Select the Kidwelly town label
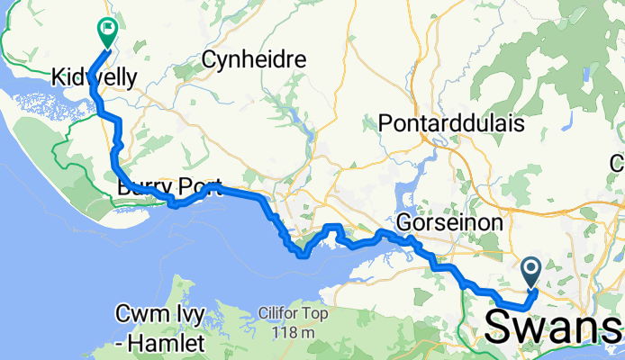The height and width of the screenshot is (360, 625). (x=95, y=77)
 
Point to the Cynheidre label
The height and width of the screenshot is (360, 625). (x=254, y=60)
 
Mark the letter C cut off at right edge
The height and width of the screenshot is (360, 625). (x=619, y=163)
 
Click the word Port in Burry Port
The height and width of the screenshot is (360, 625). (x=200, y=187)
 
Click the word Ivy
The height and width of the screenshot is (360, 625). (x=191, y=316)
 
